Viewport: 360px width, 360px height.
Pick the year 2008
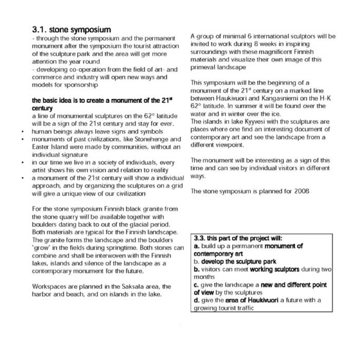[x=301, y=191]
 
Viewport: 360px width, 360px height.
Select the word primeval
[x=205, y=67]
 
